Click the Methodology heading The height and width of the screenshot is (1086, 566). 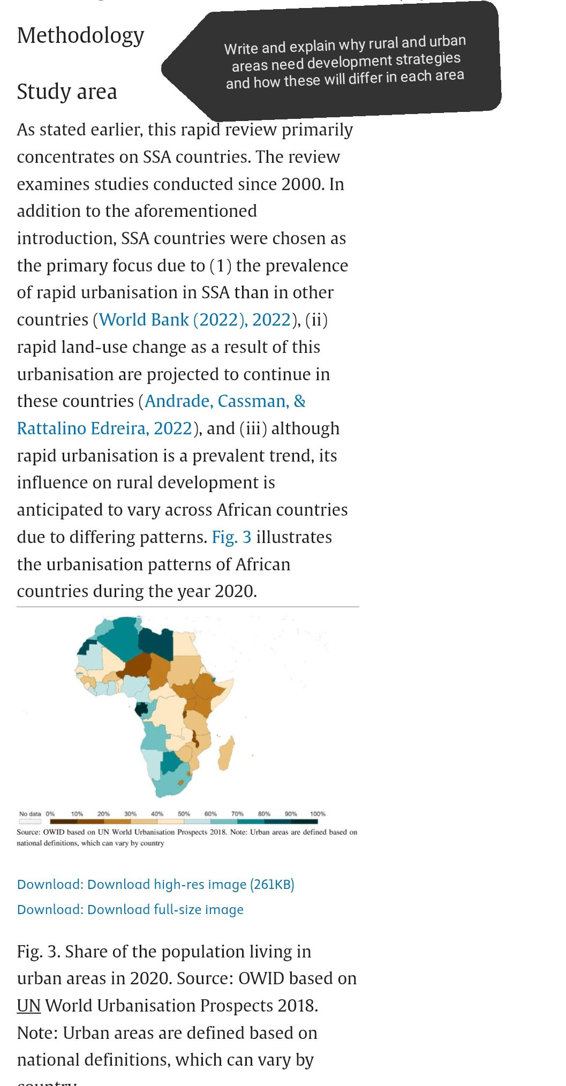(80, 36)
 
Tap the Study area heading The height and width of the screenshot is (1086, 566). (67, 92)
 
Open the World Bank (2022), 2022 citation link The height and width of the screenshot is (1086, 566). (195, 320)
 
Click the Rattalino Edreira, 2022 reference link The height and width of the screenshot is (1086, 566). (104, 428)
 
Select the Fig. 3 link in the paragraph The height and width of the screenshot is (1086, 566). (231, 537)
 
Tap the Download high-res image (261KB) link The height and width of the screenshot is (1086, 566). (155, 884)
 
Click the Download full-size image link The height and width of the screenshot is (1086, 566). (130, 909)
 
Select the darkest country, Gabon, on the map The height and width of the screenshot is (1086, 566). (142, 710)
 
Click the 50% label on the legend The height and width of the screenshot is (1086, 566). (184, 813)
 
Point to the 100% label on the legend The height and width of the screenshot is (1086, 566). (318, 813)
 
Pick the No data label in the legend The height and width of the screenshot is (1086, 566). (30, 813)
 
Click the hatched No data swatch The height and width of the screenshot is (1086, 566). (30, 821)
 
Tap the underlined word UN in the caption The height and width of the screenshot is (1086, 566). (29, 1006)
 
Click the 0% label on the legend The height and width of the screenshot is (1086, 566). (50, 813)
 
